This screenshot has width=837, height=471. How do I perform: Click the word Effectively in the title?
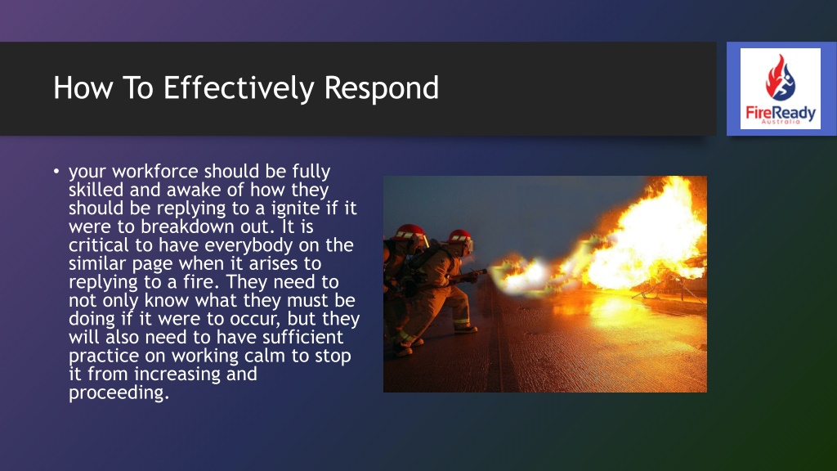click(239, 88)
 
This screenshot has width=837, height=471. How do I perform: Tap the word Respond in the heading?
click(382, 88)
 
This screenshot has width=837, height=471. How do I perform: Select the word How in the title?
click(83, 88)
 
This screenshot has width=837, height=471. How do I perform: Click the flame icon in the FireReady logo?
click(780, 78)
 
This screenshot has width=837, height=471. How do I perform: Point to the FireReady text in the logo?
click(781, 113)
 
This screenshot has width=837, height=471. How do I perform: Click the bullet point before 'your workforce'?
click(56, 171)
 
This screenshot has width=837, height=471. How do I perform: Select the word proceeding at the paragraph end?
click(119, 392)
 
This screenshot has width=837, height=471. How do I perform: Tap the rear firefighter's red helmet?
click(410, 232)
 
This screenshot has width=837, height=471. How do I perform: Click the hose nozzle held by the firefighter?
click(477, 273)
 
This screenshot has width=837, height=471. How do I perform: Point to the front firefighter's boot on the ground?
click(465, 329)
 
